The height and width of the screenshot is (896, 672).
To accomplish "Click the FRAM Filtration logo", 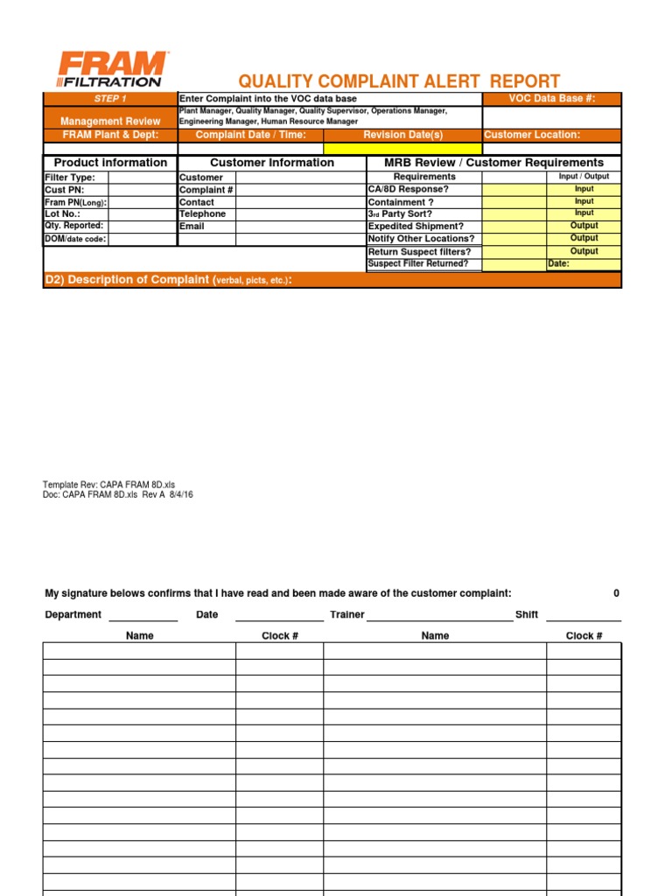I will [111, 69].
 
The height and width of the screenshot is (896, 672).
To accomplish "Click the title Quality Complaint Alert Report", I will [399, 81].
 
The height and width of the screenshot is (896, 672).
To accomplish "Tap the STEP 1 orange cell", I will [110, 99].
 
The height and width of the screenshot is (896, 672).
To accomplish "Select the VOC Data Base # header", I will [551, 99].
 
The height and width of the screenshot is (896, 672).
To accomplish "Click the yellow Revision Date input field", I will [402, 149].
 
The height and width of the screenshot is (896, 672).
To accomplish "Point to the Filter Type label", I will [70, 178].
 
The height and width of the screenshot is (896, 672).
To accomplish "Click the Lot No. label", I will [63, 213].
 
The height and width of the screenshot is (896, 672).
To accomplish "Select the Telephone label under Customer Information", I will [202, 213].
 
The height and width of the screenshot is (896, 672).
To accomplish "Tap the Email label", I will [192, 226].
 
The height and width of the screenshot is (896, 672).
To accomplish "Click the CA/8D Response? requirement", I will [408, 189].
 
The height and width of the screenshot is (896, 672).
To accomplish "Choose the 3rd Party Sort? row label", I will [400, 213].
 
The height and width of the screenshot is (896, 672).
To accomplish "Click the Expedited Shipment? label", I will [416, 226].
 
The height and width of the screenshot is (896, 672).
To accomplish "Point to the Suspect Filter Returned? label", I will [418, 263].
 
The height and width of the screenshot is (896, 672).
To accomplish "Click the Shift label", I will [527, 614].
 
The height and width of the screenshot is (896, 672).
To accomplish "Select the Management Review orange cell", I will [110, 121].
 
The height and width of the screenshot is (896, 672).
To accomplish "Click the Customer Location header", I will [532, 135].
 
